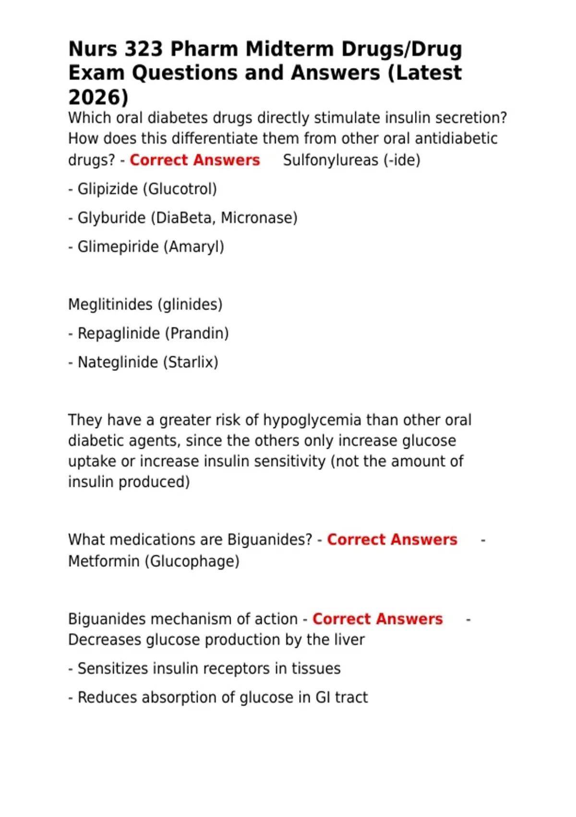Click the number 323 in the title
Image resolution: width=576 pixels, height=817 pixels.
pyautogui.click(x=144, y=49)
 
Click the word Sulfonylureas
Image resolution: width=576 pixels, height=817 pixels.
pyautogui.click(x=331, y=160)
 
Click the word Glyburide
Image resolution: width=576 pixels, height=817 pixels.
pyautogui.click(x=111, y=218)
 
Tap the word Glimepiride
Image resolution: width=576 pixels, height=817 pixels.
pyautogui.click(x=118, y=247)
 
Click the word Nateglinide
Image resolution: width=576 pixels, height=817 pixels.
pyautogui.click(x=118, y=362)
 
